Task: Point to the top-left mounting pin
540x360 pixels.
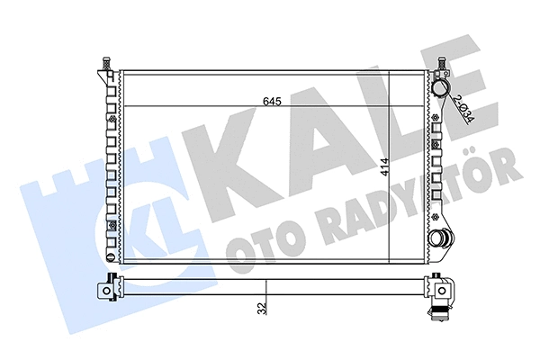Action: point(106,67)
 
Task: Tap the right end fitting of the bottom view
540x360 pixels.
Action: point(440,287)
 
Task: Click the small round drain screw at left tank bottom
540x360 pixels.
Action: point(111,224)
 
